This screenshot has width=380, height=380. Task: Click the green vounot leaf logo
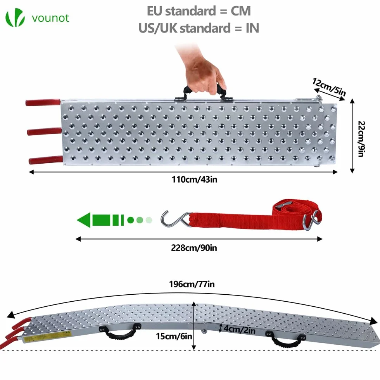coord(15,17)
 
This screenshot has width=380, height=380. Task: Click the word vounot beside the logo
coord(50,18)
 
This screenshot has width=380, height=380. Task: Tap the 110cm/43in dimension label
coord(194,180)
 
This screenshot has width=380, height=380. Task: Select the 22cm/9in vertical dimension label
coord(361,139)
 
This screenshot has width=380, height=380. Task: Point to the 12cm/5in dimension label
coord(329,87)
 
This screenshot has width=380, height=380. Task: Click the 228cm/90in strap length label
coord(194,248)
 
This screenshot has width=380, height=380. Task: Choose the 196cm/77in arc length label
coord(192,284)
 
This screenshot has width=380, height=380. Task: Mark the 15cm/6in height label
coord(174,336)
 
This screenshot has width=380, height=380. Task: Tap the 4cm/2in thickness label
coord(239,330)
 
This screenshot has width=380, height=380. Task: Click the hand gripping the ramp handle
coord(204,73)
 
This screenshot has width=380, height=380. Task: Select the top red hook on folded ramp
coord(43,102)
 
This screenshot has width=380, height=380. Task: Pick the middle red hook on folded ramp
coord(44,131)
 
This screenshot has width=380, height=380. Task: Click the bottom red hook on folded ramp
coord(46,160)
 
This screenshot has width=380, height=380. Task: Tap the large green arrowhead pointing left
coord(84,220)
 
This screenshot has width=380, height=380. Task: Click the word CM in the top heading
coord(241,11)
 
